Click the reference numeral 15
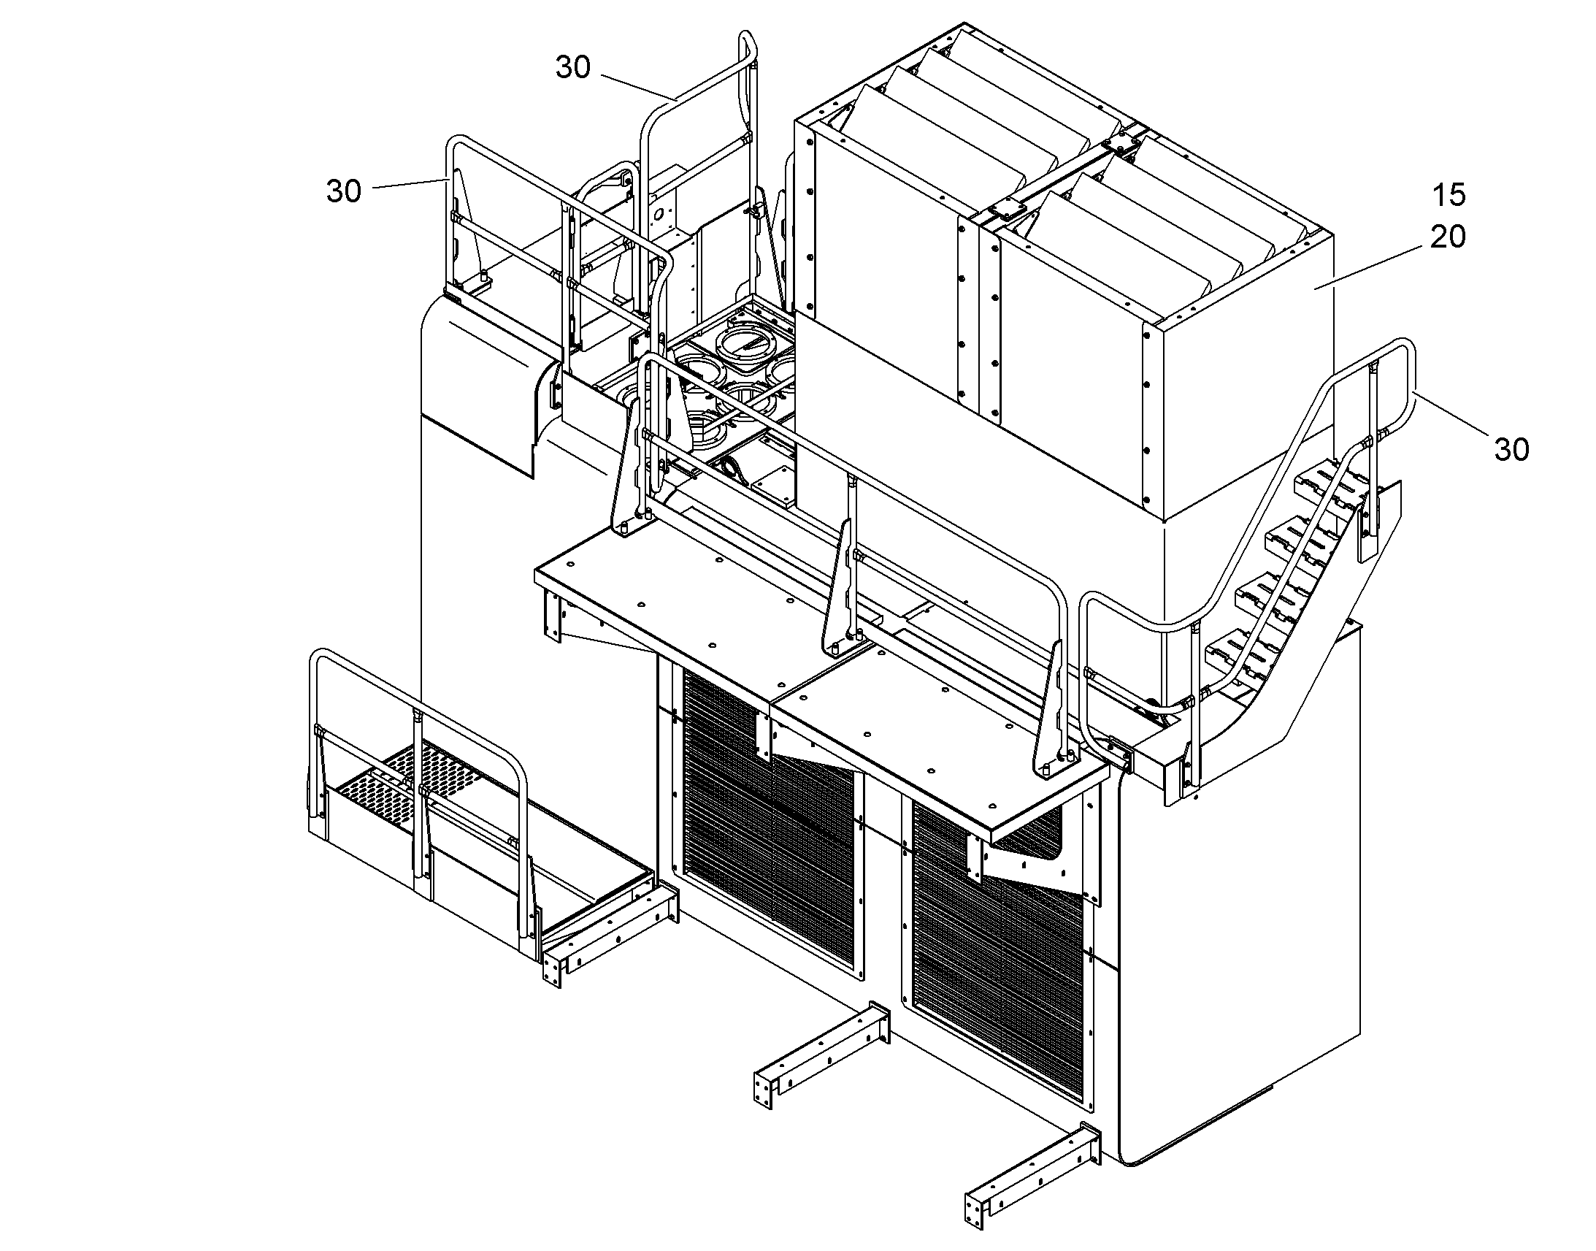click(1448, 195)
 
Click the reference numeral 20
click(1447, 237)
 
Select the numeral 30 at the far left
click(344, 191)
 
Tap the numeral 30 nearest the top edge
click(573, 67)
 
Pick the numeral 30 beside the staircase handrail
click(1511, 450)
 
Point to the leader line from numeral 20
click(1372, 267)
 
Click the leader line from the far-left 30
click(410, 183)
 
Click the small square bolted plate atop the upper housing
click(1007, 211)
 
